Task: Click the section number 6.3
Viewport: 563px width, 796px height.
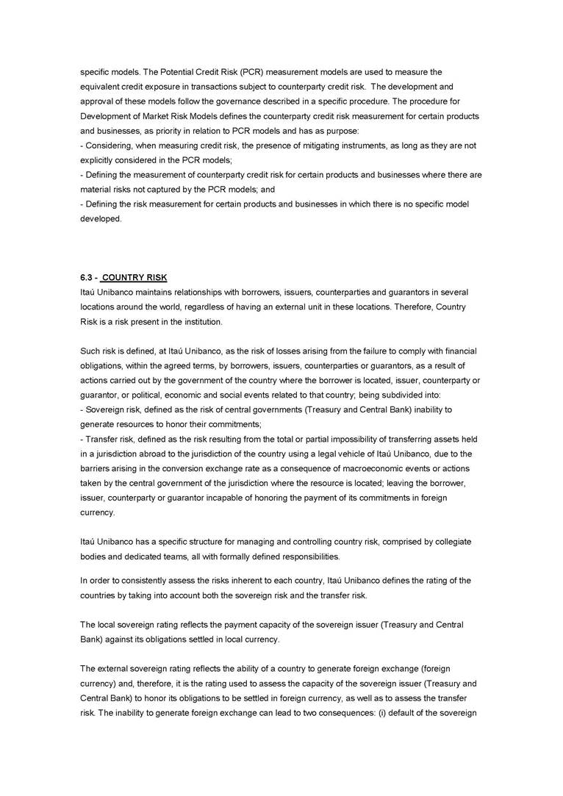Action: (87, 277)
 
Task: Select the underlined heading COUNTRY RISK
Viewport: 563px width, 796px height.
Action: (135, 277)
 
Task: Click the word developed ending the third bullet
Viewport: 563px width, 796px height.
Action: (101, 219)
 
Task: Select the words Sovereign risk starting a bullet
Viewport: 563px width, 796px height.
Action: (112, 409)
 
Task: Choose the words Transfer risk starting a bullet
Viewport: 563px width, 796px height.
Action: (109, 439)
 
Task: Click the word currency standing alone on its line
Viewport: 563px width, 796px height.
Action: (97, 512)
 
